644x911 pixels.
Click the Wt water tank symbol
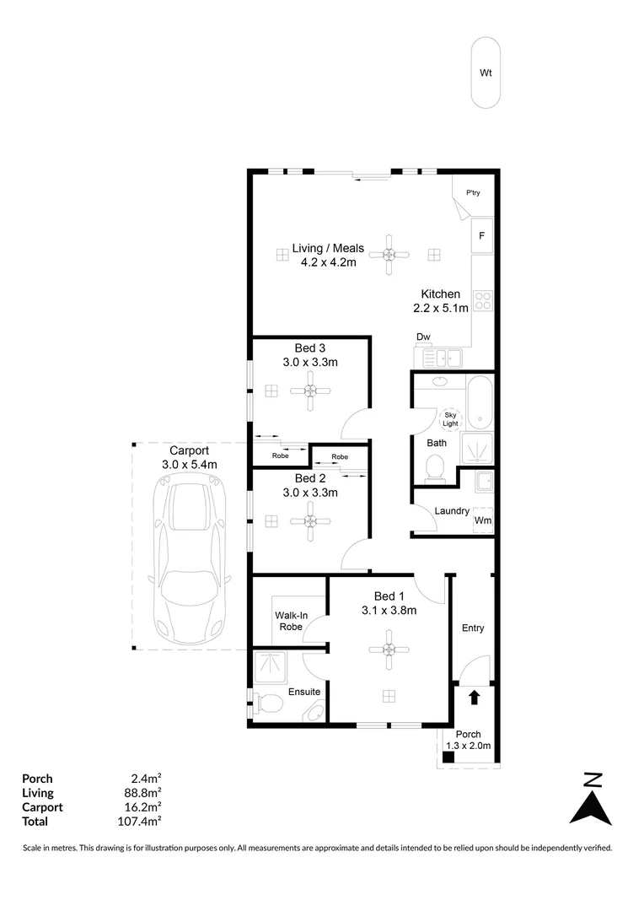click(x=485, y=73)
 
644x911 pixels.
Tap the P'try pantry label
click(x=472, y=194)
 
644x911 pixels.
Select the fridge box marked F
click(x=481, y=235)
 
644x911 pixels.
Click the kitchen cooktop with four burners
click(x=483, y=300)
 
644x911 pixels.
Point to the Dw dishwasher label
click(x=423, y=337)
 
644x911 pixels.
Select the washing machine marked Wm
click(x=483, y=520)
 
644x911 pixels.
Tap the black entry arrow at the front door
click(x=474, y=698)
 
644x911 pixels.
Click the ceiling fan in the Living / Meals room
click(x=389, y=255)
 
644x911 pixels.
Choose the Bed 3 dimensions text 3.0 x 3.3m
click(x=310, y=363)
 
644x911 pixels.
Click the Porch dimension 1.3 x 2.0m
click(x=468, y=746)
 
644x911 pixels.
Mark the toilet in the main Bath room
click(x=435, y=468)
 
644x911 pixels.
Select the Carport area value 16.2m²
click(x=142, y=806)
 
